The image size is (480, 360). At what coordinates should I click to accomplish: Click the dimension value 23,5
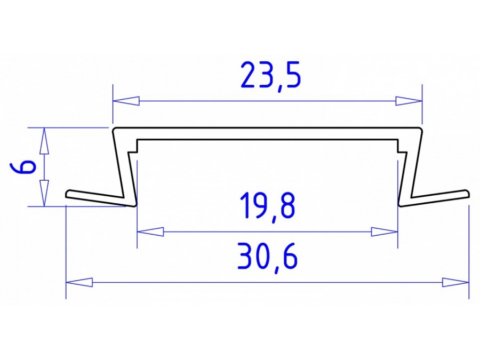[271, 76]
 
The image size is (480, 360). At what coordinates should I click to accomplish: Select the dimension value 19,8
[267, 206]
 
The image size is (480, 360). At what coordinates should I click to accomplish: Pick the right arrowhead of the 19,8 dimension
[385, 232]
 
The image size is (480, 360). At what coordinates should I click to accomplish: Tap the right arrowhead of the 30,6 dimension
[455, 282]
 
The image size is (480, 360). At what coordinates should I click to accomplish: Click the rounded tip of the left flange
[68, 194]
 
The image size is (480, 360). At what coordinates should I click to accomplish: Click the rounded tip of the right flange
[467, 193]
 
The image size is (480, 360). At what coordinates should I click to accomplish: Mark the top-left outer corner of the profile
[114, 129]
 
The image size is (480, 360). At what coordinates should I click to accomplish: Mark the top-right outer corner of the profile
[420, 129]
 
